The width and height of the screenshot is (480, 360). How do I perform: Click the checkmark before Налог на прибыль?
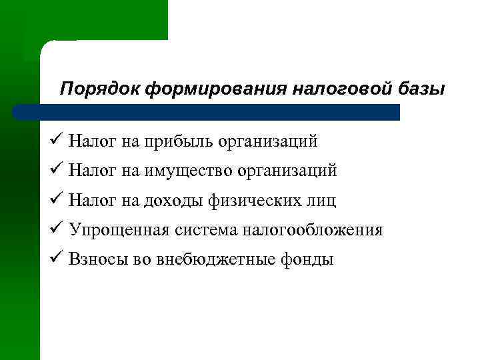pos(55,141)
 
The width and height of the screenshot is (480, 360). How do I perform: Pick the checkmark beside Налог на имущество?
pos(55,171)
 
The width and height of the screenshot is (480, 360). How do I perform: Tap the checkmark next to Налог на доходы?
pos(55,200)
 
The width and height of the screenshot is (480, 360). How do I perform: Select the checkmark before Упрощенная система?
pos(55,230)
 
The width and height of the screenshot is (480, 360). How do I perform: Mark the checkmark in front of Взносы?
pos(55,259)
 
